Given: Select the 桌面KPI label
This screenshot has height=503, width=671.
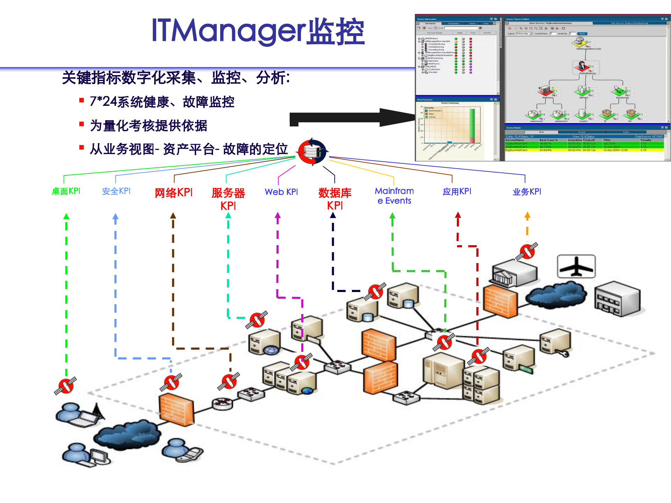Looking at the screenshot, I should pos(66,191).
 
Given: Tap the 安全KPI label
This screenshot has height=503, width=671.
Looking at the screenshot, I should pos(116,191).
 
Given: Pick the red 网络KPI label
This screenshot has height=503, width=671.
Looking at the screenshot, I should pos(173,192).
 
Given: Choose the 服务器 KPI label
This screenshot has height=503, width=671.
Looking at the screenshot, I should pos(228,199).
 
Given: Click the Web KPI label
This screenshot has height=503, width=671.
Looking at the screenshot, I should pos(281,192).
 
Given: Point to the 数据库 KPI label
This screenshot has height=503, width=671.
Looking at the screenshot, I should pos(335,199).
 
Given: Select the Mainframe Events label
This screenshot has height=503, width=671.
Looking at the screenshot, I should pos(394,196).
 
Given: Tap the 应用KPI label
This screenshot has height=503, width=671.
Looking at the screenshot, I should pos(457,191).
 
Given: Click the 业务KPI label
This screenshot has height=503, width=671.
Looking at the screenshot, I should pos(527,191).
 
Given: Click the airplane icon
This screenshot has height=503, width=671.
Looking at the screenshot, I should pos(576,266).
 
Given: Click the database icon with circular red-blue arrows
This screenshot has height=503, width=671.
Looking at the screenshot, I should pos(312,152).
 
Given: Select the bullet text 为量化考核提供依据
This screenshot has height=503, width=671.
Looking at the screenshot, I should pos(149,125).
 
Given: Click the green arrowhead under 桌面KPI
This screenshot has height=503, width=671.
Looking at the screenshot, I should pos(66,217).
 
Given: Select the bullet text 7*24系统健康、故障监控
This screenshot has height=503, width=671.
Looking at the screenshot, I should pos(162,102).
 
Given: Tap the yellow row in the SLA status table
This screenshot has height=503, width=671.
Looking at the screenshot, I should pos(584,150).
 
